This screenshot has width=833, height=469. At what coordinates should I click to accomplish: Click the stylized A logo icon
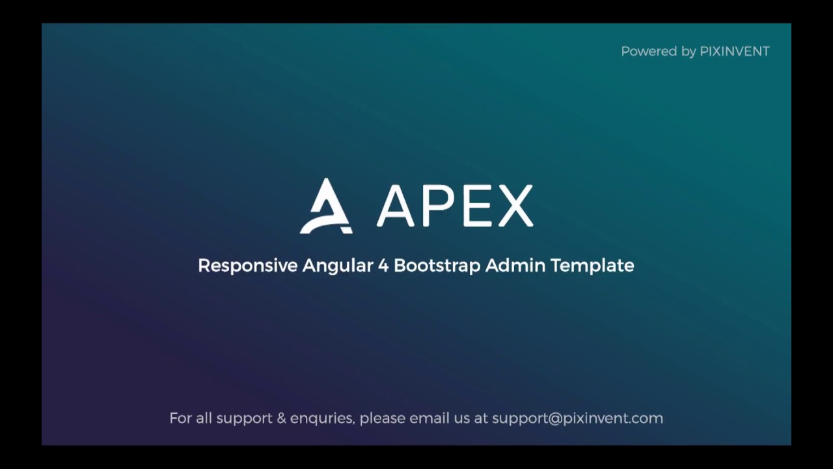[326, 206]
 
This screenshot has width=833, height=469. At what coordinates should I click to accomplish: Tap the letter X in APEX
[514, 206]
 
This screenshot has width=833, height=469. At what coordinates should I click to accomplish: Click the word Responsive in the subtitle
[247, 266]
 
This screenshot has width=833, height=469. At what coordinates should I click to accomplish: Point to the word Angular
[337, 266]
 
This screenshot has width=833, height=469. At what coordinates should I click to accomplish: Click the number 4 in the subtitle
[383, 266]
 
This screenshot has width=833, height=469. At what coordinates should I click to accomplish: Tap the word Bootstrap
[437, 266]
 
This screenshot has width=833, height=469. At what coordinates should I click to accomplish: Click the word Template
[592, 266]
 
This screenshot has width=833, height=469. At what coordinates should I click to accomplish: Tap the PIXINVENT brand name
[735, 51]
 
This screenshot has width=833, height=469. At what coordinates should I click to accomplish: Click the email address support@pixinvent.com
[577, 418]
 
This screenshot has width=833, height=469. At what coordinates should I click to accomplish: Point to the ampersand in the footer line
[281, 418]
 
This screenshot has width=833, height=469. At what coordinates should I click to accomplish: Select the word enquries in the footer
[322, 419]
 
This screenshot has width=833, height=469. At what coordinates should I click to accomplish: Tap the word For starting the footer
[180, 418]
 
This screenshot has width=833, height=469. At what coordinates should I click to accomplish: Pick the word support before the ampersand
[245, 419]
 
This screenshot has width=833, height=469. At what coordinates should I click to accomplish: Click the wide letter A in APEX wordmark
[396, 206]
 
